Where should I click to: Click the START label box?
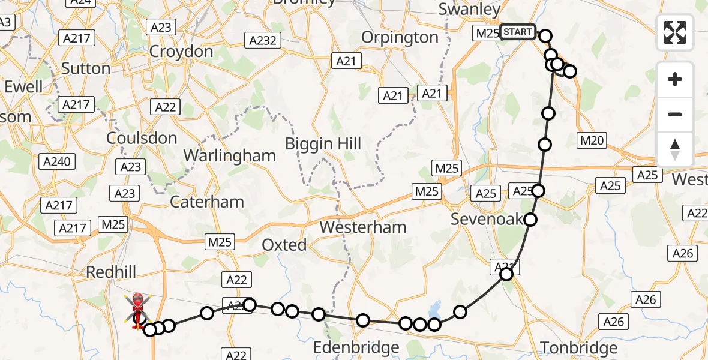click(x=517, y=32)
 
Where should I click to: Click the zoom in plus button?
click(x=675, y=79)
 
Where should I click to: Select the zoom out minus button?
click(x=675, y=114)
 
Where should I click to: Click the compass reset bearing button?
click(x=675, y=149)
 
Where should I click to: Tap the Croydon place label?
click(x=181, y=52)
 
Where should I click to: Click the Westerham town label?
click(x=363, y=227)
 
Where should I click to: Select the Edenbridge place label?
click(x=356, y=347)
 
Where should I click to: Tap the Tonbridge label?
click(x=579, y=348)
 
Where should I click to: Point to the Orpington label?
click(x=400, y=37)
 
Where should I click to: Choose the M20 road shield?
click(x=593, y=141)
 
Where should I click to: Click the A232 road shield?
click(x=262, y=41)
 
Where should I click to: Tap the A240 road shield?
click(x=58, y=161)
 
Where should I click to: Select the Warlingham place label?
click(x=230, y=155)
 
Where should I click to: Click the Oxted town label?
click(x=284, y=245)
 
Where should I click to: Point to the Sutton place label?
click(x=86, y=68)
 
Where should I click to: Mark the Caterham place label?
click(x=207, y=202)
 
